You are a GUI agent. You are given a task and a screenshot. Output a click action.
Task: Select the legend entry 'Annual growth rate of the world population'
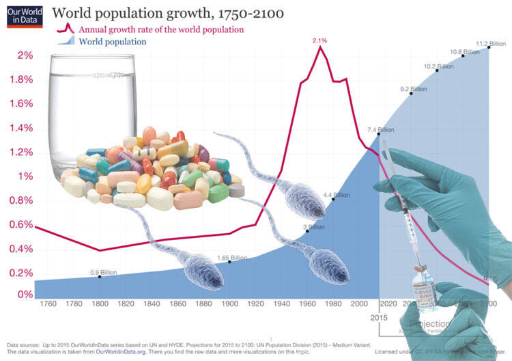coord(161,29)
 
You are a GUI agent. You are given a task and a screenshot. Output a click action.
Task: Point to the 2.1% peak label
coord(319,41)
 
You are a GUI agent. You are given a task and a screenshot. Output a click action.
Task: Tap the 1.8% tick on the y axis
coord(19,79)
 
